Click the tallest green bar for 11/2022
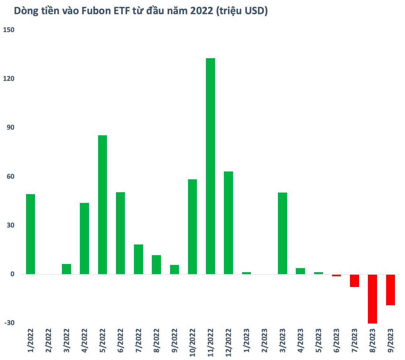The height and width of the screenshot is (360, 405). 210,166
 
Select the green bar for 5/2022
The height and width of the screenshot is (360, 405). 103,205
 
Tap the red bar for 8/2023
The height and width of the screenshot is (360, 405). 372,299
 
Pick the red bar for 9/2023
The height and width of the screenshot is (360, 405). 391,290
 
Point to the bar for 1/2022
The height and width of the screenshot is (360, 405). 31,234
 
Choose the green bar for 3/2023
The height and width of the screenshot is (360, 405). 282,233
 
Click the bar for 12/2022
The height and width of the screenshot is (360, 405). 228,223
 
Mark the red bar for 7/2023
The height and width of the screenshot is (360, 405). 354,280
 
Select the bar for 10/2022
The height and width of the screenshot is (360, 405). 192,227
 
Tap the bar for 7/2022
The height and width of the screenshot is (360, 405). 138,259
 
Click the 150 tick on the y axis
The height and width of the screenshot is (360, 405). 9,30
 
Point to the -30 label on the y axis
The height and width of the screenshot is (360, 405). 9,323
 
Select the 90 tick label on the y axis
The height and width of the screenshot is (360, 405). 11,128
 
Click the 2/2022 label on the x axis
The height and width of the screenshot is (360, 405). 48,343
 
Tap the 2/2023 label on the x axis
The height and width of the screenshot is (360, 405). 264,343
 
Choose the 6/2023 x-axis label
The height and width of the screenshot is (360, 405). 336,343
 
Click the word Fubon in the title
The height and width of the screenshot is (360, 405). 95,11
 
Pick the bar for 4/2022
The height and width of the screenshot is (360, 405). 85,239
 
